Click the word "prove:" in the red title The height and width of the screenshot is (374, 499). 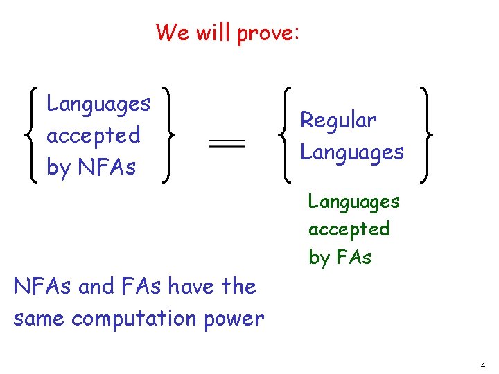(x=268, y=33)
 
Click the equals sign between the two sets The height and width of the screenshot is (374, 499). (x=227, y=143)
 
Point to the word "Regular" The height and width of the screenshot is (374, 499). (x=338, y=121)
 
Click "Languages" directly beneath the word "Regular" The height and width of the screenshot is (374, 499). (x=352, y=152)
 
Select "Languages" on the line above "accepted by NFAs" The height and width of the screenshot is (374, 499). (x=98, y=104)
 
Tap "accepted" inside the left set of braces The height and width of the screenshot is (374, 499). (x=93, y=135)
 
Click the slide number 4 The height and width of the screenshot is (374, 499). (x=482, y=365)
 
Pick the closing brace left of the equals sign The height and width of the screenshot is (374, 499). (x=166, y=135)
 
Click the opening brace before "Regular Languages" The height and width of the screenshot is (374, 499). (x=286, y=135)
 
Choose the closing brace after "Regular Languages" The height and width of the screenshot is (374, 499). (x=424, y=135)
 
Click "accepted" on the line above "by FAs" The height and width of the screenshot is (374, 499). (x=349, y=229)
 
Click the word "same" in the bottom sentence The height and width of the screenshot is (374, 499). (x=39, y=319)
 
